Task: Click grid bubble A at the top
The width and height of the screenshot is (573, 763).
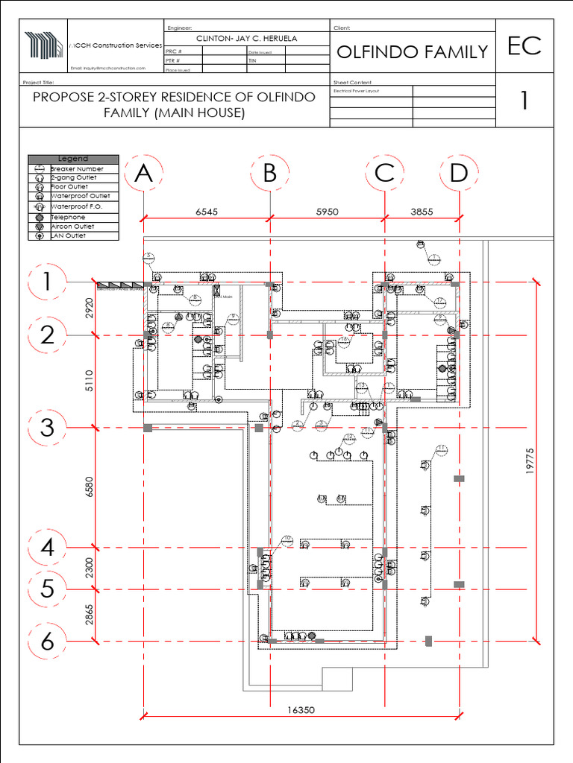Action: pyautogui.click(x=143, y=174)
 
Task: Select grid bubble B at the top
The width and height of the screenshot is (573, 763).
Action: pyautogui.click(x=269, y=174)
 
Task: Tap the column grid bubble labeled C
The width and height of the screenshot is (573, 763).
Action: pyautogui.click(x=384, y=174)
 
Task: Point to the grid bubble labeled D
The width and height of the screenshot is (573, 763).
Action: pyautogui.click(x=458, y=174)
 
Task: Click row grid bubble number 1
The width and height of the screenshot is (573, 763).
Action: pyautogui.click(x=47, y=283)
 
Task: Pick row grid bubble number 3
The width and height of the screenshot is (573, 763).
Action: pyautogui.click(x=47, y=428)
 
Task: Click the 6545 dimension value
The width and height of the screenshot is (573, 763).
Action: pyautogui.click(x=207, y=212)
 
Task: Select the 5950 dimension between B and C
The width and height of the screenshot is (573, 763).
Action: pyautogui.click(x=327, y=212)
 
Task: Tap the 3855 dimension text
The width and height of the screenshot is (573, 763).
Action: pyautogui.click(x=422, y=212)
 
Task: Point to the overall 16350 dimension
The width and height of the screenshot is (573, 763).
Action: pyautogui.click(x=301, y=710)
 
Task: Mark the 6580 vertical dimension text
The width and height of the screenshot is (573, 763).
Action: pyautogui.click(x=90, y=487)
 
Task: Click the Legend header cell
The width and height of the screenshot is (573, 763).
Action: pyautogui.click(x=73, y=159)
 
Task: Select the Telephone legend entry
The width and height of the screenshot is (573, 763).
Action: pyautogui.click(x=68, y=217)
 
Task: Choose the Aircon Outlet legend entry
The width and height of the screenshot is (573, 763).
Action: pyautogui.click(x=72, y=227)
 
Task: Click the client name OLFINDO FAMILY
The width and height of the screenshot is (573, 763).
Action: pyautogui.click(x=412, y=51)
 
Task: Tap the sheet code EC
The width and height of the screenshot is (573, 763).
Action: pyautogui.click(x=525, y=46)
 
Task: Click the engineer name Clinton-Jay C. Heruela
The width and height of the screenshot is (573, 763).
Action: pyautogui.click(x=246, y=38)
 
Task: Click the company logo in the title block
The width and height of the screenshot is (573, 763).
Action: pyautogui.click(x=45, y=45)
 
